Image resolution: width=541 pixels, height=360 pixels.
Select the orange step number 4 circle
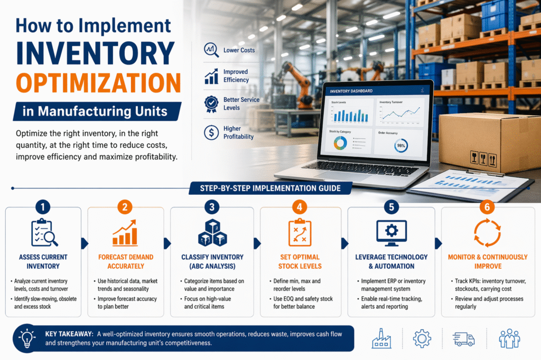(300, 207)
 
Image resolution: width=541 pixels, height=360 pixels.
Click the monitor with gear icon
(391, 233)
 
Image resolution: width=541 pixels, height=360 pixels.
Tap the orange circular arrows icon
(487, 233)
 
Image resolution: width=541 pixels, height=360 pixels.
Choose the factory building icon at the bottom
(381, 338)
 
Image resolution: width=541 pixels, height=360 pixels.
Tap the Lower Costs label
(239, 50)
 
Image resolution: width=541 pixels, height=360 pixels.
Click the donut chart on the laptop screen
(339, 143)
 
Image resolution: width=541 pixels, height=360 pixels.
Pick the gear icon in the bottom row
(422, 338)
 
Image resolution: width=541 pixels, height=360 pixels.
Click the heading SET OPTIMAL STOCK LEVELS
(300, 262)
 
